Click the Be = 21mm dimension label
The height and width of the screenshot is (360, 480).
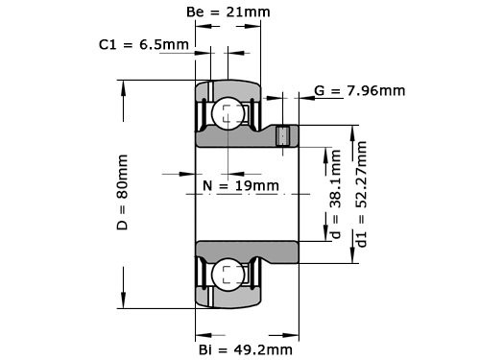coord(227,12)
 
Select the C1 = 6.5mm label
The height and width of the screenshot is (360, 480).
coord(143,44)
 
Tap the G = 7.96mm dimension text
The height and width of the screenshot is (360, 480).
coord(359,91)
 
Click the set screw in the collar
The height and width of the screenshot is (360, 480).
coord(282,136)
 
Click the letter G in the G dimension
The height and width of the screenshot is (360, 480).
coord(320,91)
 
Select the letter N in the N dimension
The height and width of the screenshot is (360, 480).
coord(208,184)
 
